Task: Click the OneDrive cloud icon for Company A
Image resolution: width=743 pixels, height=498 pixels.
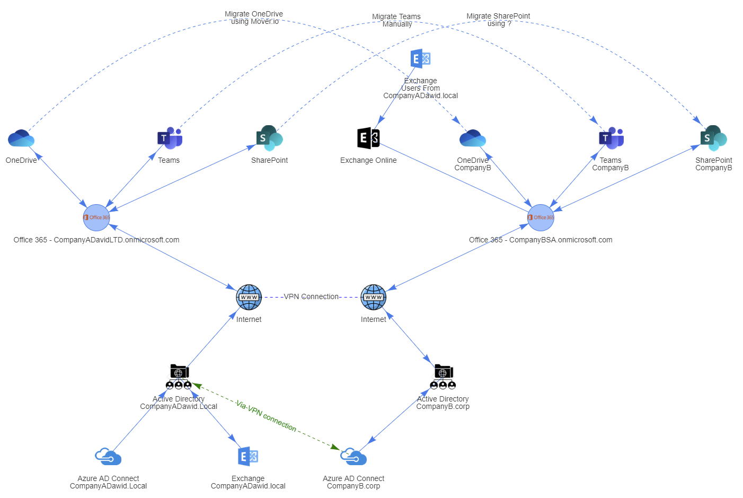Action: pyautogui.click(x=21, y=138)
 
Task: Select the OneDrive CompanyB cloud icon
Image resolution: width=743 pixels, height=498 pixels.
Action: pyautogui.click(x=473, y=138)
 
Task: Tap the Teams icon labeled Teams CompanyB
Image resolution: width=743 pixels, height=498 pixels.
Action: pyautogui.click(x=611, y=138)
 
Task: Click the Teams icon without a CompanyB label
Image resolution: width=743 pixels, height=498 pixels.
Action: pyautogui.click(x=170, y=138)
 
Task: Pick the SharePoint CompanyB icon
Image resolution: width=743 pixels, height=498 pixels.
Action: pyautogui.click(x=713, y=138)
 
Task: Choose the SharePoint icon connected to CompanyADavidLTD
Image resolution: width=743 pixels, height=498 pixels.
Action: pyautogui.click(x=269, y=138)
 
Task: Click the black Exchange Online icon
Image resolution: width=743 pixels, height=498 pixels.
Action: pyautogui.click(x=368, y=138)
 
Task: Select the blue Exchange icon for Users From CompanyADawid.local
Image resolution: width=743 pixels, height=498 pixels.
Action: pyautogui.click(x=420, y=59)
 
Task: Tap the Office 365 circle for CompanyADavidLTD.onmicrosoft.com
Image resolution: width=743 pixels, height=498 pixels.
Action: pyautogui.click(x=96, y=217)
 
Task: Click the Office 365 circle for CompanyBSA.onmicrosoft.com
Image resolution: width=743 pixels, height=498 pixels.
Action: pyautogui.click(x=541, y=217)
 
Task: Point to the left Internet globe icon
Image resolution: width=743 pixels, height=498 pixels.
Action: pyautogui.click(x=249, y=297)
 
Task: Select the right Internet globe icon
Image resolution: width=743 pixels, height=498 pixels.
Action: pyautogui.click(x=374, y=297)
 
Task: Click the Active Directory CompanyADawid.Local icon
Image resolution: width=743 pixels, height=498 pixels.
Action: pyautogui.click(x=179, y=377)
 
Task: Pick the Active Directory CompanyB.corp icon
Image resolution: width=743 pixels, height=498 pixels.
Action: pyautogui.click(x=443, y=377)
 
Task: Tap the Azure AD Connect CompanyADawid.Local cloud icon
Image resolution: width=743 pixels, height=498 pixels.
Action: pyautogui.click(x=108, y=457)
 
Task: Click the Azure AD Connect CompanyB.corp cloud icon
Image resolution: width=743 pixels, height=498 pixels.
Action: pyautogui.click(x=353, y=457)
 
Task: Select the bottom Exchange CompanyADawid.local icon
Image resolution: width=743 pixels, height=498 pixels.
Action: pyautogui.click(x=248, y=457)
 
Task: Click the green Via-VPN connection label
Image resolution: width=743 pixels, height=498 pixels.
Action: pyautogui.click(x=266, y=416)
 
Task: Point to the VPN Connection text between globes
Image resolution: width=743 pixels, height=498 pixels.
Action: pyautogui.click(x=311, y=296)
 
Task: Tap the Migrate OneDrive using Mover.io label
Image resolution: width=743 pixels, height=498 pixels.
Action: pyautogui.click(x=254, y=18)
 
